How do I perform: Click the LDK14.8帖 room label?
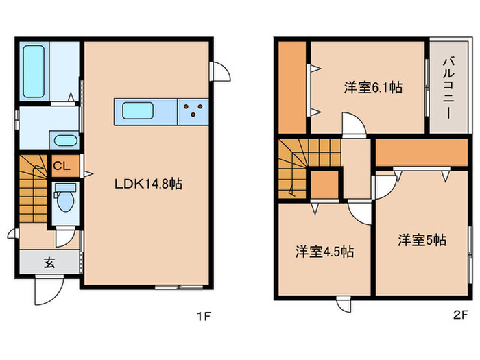pyautogui.click(x=147, y=184)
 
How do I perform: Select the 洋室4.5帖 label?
pyautogui.click(x=324, y=251)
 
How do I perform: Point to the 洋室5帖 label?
pyautogui.click(x=422, y=240)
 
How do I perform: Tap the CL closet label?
pyautogui.click(x=60, y=165)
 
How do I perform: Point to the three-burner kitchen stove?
pyautogui.click(x=194, y=110)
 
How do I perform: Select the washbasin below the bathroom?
pyautogui.click(x=66, y=141)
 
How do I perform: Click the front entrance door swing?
pyautogui.click(x=47, y=291)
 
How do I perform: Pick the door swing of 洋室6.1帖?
pyautogui.click(x=355, y=125)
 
